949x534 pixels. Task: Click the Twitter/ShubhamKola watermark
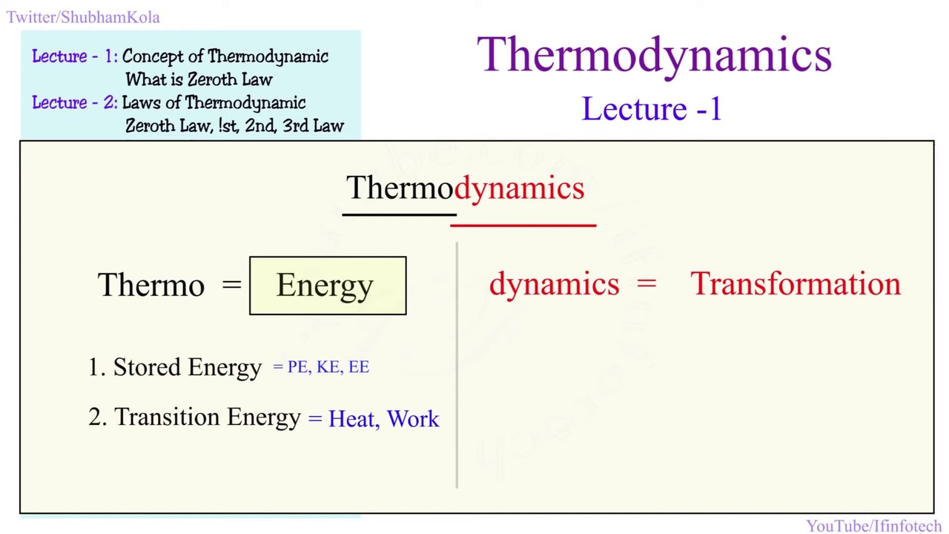(x=83, y=17)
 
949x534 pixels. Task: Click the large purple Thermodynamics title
(x=654, y=55)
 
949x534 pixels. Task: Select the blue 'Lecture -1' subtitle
(x=652, y=109)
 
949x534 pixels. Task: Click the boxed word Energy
(x=325, y=286)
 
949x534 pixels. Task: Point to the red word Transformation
(x=796, y=284)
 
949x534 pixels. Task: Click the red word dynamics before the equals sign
(x=554, y=284)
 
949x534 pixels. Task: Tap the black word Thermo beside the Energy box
(x=151, y=285)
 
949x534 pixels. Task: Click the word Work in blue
(x=413, y=419)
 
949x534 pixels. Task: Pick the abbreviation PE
(x=299, y=367)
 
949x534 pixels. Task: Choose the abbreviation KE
(x=328, y=367)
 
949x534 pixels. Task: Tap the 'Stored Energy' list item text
(x=187, y=367)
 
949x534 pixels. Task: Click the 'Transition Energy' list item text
(x=208, y=418)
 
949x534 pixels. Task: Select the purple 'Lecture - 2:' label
(x=75, y=102)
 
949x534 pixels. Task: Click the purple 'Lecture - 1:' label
(x=75, y=56)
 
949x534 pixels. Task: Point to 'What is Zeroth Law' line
(x=199, y=79)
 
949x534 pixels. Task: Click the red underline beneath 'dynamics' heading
(x=523, y=223)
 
